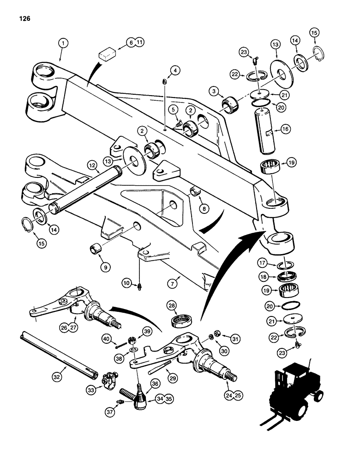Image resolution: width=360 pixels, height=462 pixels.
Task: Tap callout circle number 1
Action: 63,43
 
